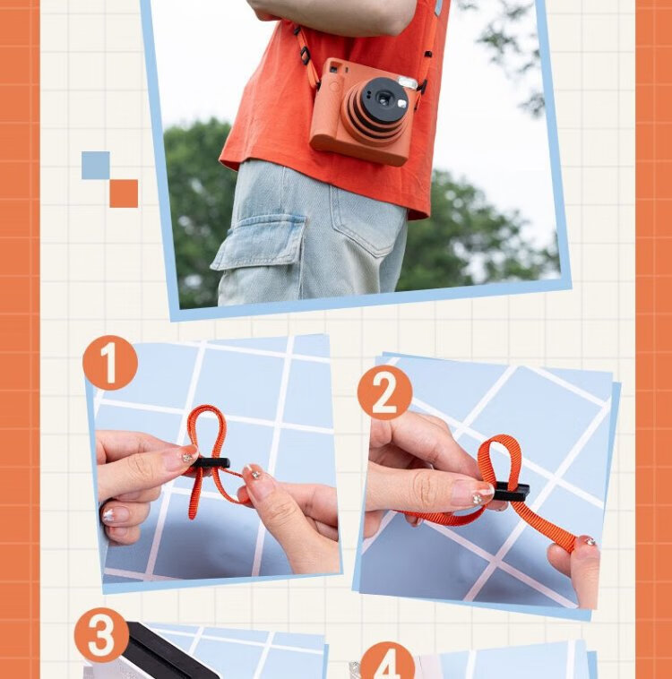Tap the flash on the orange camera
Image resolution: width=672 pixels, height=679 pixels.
[x=408, y=82]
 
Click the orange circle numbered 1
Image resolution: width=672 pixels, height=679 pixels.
[x=110, y=363]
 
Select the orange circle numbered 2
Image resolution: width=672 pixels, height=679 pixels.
[x=384, y=392]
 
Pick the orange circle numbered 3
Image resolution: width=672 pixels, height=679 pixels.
[x=101, y=635]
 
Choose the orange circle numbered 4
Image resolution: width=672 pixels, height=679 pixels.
[x=387, y=663]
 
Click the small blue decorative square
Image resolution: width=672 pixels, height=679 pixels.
[x=95, y=165]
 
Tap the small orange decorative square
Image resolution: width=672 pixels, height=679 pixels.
[x=124, y=193]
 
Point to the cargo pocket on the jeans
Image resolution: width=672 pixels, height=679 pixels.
[x=259, y=243]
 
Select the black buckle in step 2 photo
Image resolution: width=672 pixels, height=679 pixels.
[x=512, y=492]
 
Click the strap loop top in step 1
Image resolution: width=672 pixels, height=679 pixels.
[x=207, y=410]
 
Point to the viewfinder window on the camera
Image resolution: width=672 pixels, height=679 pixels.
[x=335, y=68]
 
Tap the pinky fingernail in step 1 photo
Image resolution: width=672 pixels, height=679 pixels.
[x=116, y=514]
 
